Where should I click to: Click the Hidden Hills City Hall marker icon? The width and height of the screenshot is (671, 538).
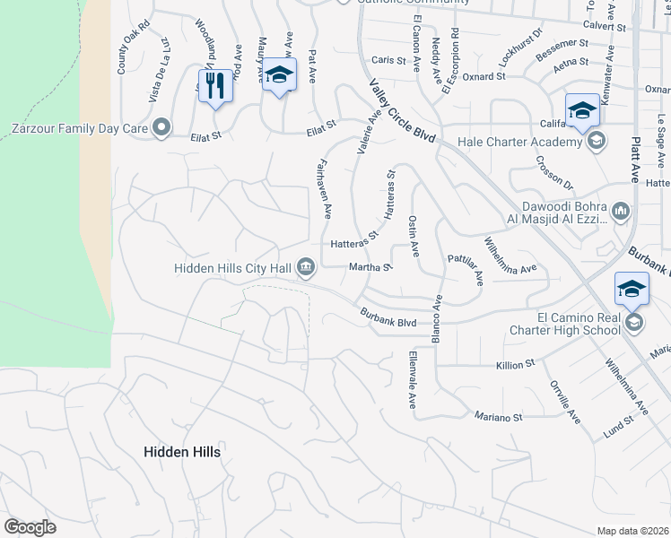tap(306, 267)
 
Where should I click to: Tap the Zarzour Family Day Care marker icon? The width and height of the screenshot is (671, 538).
tap(161, 127)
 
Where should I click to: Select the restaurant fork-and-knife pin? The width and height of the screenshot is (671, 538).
tap(214, 86)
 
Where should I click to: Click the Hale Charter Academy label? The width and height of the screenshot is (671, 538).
tap(519, 141)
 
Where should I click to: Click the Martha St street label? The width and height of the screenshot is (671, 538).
tap(370, 266)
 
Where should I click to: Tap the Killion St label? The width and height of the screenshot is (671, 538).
tap(516, 365)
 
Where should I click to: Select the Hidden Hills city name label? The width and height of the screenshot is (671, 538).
tap(182, 453)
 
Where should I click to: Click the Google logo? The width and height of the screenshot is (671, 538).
tap(30, 527)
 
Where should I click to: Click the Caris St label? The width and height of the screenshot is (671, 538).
tap(388, 61)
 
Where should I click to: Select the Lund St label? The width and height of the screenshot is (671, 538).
tap(618, 428)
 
